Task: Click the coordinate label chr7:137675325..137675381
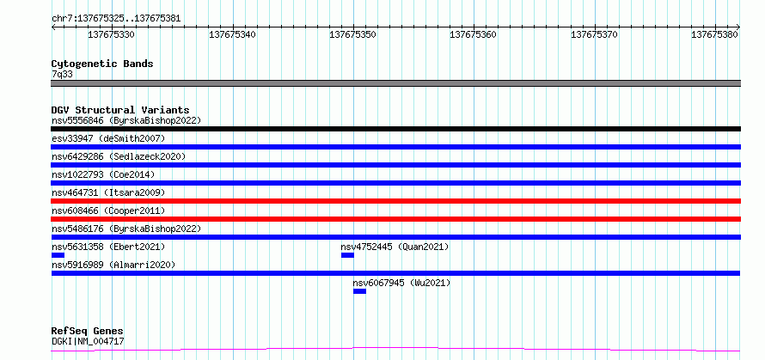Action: point(116,19)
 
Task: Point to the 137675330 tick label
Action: point(111,34)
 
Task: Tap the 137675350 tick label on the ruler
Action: point(352,34)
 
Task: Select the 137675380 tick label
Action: point(715,34)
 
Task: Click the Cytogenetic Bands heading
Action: point(102,64)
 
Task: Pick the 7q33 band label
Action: point(62,74)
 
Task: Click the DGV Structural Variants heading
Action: point(120,110)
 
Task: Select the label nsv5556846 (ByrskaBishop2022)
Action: point(126,120)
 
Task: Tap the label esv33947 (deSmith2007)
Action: point(108,138)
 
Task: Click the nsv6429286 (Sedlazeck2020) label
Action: point(119,156)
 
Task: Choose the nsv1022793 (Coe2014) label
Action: point(103,174)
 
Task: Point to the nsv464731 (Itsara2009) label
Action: point(108,192)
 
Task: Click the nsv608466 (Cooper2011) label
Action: point(108,211)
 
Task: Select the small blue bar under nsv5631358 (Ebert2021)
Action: point(58,255)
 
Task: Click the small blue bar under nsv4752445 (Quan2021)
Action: point(347,255)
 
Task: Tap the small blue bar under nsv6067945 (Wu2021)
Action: point(359,291)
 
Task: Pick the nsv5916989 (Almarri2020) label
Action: point(113,265)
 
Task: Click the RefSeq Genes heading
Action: point(88,332)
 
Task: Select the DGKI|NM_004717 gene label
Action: point(88,341)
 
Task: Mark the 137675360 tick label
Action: point(474,34)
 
